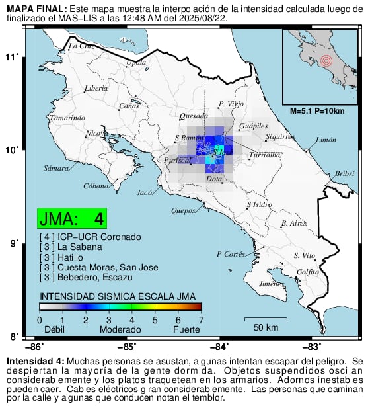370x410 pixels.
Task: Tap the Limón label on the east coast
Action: pos(326,140)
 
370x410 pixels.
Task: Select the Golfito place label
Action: pos(309,272)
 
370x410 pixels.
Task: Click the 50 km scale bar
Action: pos(266,323)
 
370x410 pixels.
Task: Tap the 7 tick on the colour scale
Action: pos(202,320)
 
